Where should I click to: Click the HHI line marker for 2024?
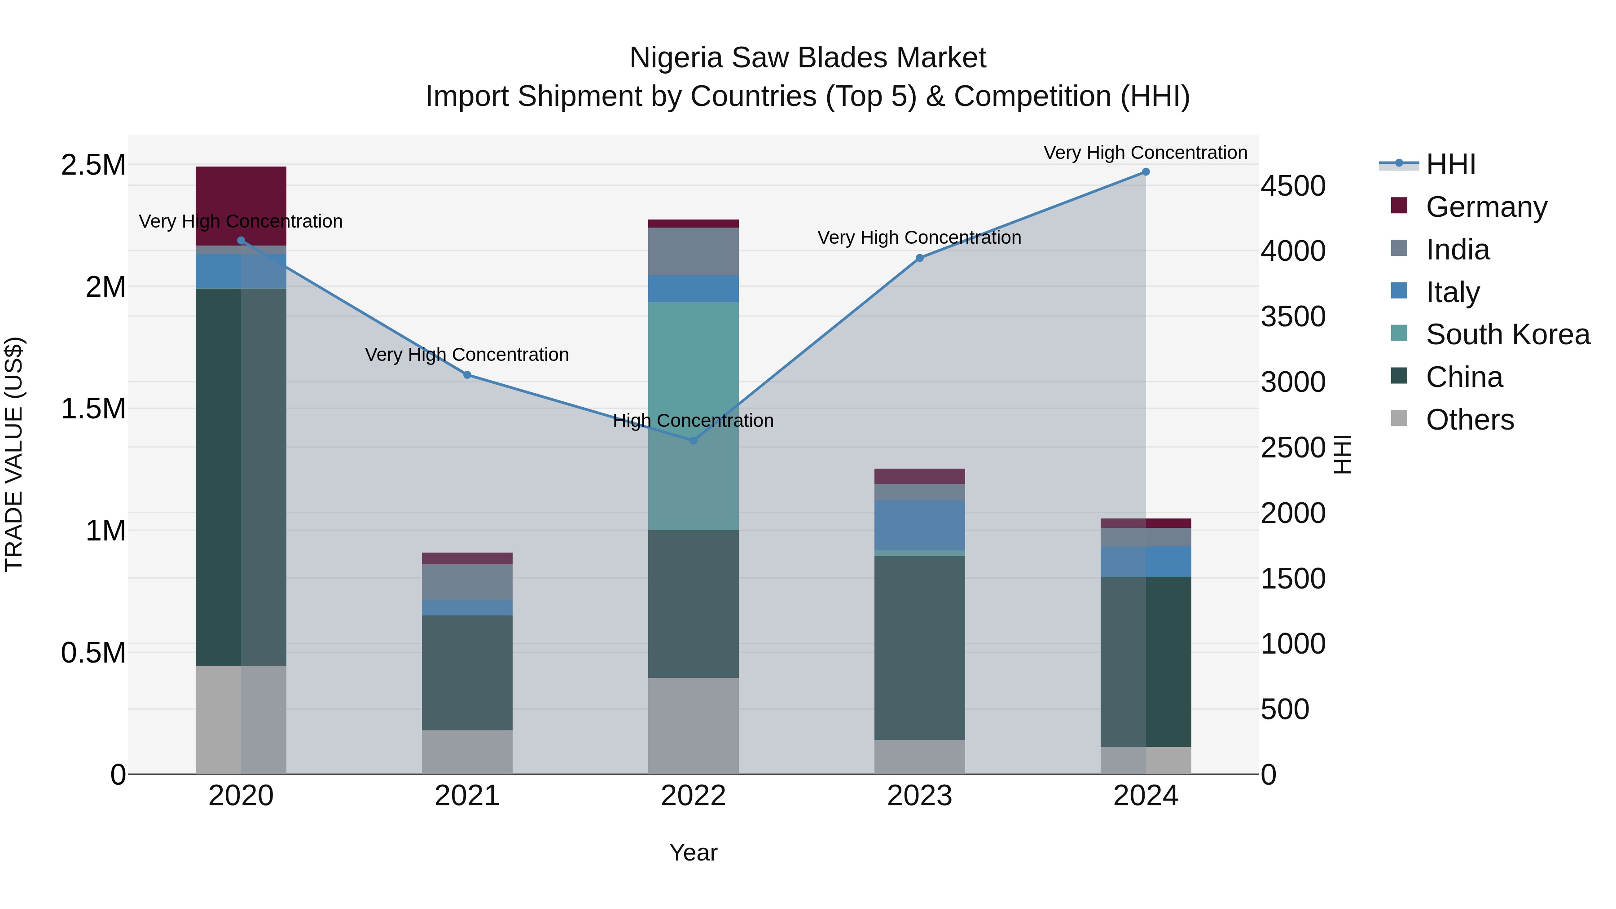coord(1146,172)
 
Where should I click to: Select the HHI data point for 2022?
coord(693,440)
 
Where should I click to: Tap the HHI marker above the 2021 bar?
coord(467,375)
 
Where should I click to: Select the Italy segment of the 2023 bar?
coord(920,525)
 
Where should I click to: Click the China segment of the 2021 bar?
coord(467,672)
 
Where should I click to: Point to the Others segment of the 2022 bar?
coord(693,726)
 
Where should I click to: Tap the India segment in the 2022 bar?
coord(693,251)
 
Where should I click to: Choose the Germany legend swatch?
coord(1399,206)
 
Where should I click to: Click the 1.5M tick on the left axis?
coord(93,409)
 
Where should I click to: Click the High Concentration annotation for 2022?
coord(693,420)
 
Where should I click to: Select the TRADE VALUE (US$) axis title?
coord(14,454)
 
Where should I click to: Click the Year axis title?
coord(693,852)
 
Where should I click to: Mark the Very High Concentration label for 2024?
coord(1146,153)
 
